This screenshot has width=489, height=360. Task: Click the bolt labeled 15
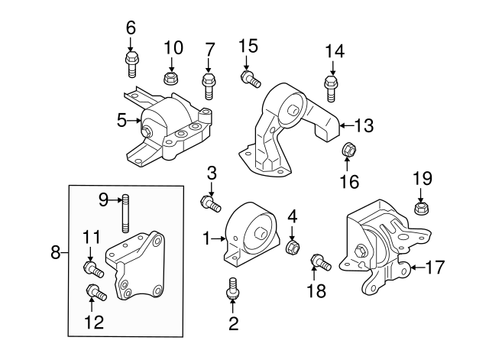pyautogui.click(x=251, y=78)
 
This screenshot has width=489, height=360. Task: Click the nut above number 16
pyautogui.click(x=346, y=149)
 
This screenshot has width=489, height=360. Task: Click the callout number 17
pyautogui.click(x=435, y=268)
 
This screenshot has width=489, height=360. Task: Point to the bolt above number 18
pyautogui.click(x=320, y=264)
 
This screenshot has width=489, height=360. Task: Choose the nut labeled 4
pyautogui.click(x=291, y=248)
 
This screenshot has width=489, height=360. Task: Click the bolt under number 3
pyautogui.click(x=210, y=203)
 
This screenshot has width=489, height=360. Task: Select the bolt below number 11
pyautogui.click(x=92, y=268)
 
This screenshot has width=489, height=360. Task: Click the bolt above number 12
pyautogui.click(x=96, y=291)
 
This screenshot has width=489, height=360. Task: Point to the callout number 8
pyautogui.click(x=55, y=251)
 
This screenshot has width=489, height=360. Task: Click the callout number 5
pyautogui.click(x=121, y=120)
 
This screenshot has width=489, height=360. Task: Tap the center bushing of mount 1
pyautogui.click(x=260, y=232)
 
